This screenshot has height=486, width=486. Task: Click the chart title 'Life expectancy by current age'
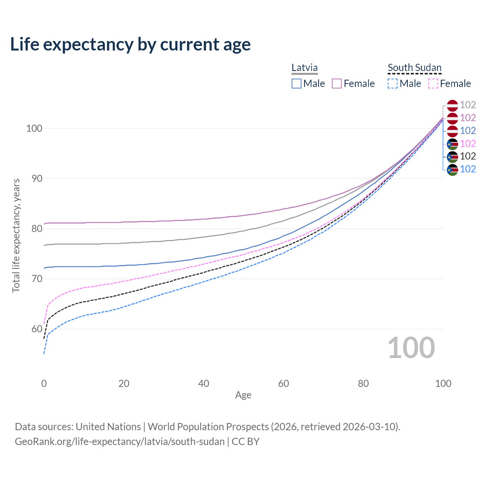(130, 44)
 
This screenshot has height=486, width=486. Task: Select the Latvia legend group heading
(305, 68)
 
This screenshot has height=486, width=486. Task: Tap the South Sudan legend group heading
(414, 68)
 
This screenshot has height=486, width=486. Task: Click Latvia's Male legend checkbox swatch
(297, 84)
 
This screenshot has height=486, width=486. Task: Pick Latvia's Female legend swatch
(337, 84)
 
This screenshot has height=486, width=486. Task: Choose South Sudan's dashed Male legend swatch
(393, 84)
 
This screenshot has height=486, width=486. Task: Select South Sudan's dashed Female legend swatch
(433, 84)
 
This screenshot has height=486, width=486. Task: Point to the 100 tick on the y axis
(34, 128)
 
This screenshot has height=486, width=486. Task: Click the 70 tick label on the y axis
(34, 279)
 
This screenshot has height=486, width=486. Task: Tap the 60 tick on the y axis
(34, 329)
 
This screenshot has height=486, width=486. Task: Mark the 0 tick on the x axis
(44, 383)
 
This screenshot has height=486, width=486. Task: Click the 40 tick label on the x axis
(204, 383)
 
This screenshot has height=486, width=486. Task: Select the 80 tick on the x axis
(363, 383)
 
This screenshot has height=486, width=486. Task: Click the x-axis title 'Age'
(243, 395)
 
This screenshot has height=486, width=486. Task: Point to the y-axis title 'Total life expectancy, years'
(16, 235)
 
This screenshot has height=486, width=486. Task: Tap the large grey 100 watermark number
(411, 348)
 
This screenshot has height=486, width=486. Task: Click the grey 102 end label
(468, 105)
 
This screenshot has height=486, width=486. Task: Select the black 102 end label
(468, 156)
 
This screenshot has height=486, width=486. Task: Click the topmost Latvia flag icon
(452, 105)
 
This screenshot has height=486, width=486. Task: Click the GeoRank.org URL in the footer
(120, 442)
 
